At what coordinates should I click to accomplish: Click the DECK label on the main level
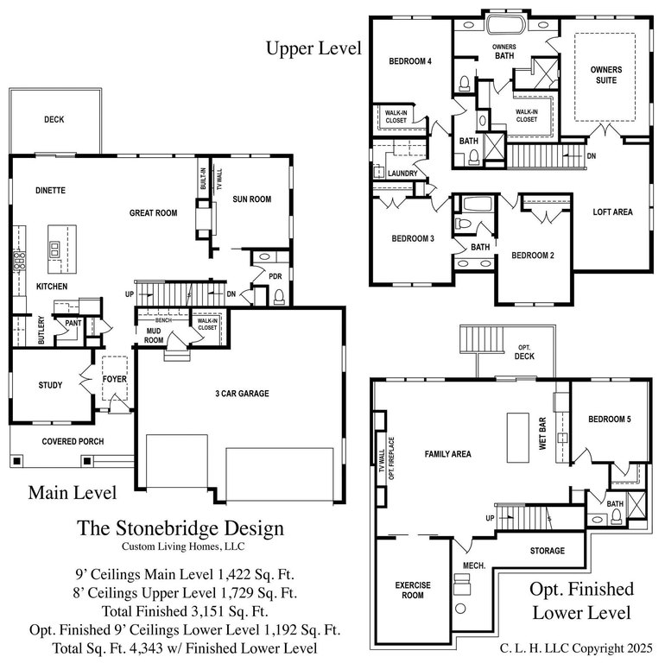[x=54, y=119]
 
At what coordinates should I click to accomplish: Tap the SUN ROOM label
[x=252, y=199]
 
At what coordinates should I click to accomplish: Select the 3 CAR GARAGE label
[x=242, y=394]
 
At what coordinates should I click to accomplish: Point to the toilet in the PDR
[x=279, y=296]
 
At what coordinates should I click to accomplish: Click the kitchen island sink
[x=54, y=249]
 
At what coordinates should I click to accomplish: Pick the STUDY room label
[x=50, y=385]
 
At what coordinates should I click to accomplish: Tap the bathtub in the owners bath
[x=505, y=24]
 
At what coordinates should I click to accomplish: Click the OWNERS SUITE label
[x=606, y=75]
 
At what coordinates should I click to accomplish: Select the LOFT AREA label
[x=612, y=212]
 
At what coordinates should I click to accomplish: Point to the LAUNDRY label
[x=402, y=174]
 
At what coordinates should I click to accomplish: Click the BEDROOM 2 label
[x=533, y=256]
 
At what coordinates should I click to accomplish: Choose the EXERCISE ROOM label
[x=413, y=590]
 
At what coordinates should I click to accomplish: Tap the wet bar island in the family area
[x=518, y=438]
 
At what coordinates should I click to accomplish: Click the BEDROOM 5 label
[x=610, y=420]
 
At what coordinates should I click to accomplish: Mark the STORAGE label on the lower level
[x=547, y=551]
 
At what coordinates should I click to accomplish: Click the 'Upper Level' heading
[x=313, y=48]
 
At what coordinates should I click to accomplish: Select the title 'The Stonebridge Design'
[x=180, y=528]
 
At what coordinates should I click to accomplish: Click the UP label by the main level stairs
[x=130, y=294]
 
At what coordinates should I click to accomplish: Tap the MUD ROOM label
[x=154, y=335]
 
